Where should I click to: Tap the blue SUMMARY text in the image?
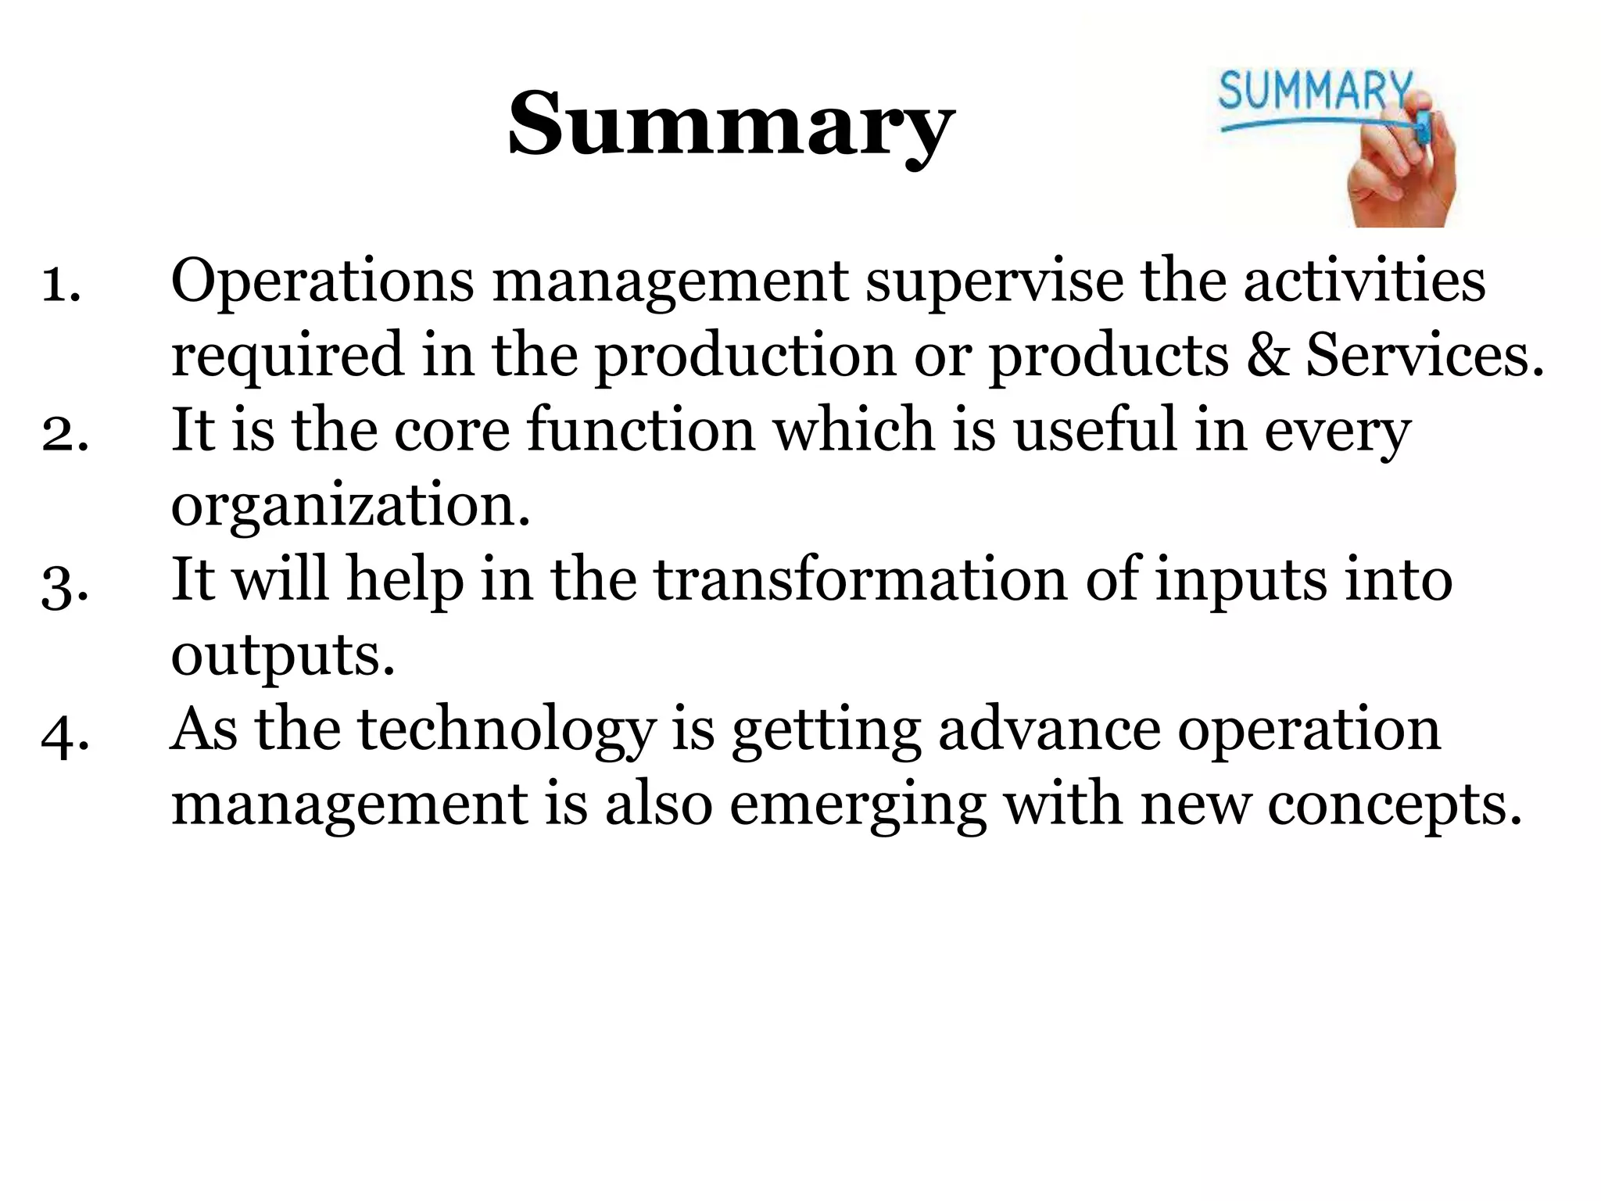(1316, 91)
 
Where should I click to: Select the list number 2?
(64, 432)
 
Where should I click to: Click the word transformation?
(860, 580)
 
